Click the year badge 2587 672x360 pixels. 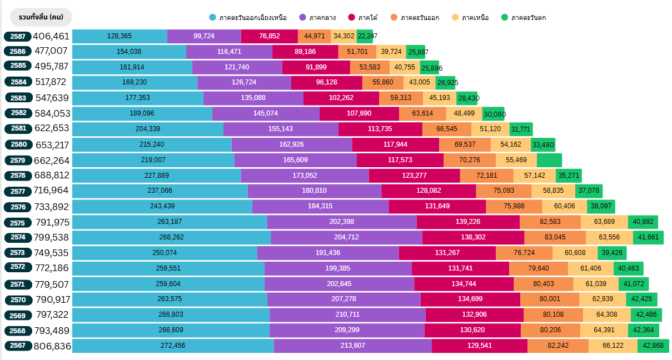coord(18,37)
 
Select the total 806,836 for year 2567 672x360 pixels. coord(52,346)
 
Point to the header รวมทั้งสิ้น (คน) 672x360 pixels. coord(41,17)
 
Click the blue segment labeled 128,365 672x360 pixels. coord(120,36)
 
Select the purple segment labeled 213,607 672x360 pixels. coord(352,346)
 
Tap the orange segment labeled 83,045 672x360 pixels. coord(555,237)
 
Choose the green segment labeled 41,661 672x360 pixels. coord(648,237)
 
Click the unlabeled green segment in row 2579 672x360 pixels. coord(549,160)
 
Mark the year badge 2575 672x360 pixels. coord(18,222)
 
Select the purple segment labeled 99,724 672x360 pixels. coord(204,36)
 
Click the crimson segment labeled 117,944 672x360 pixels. coord(395,144)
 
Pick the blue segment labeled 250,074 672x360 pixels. coord(165,253)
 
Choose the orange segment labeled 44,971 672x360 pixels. coord(314,36)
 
